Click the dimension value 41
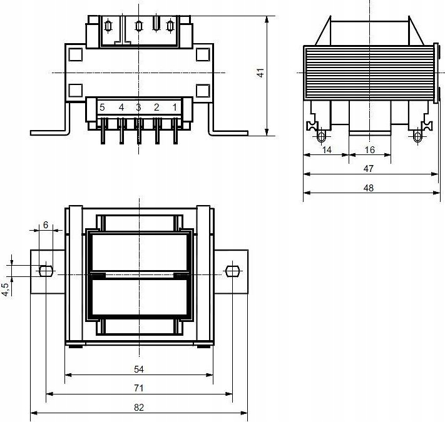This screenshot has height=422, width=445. [x=260, y=73]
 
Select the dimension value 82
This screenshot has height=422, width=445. [x=139, y=407]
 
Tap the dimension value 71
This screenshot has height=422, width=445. [x=139, y=388]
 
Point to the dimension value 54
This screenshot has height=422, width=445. [x=139, y=369]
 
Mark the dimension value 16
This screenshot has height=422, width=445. [x=369, y=149]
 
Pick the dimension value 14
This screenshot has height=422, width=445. [x=325, y=149]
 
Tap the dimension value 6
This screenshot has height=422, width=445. [x=45, y=224]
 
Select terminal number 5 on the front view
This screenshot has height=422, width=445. [x=102, y=107]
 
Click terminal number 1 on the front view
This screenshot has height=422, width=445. [x=175, y=107]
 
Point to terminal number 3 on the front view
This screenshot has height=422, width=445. [x=138, y=107]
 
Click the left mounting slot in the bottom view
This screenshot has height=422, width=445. [x=45, y=271]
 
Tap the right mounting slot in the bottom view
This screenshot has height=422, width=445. [x=232, y=271]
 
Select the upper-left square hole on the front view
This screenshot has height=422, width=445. [x=74, y=54]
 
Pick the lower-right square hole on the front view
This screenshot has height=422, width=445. [x=202, y=91]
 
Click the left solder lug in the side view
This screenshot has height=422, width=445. [x=322, y=136]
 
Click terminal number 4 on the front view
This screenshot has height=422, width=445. [x=121, y=107]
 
